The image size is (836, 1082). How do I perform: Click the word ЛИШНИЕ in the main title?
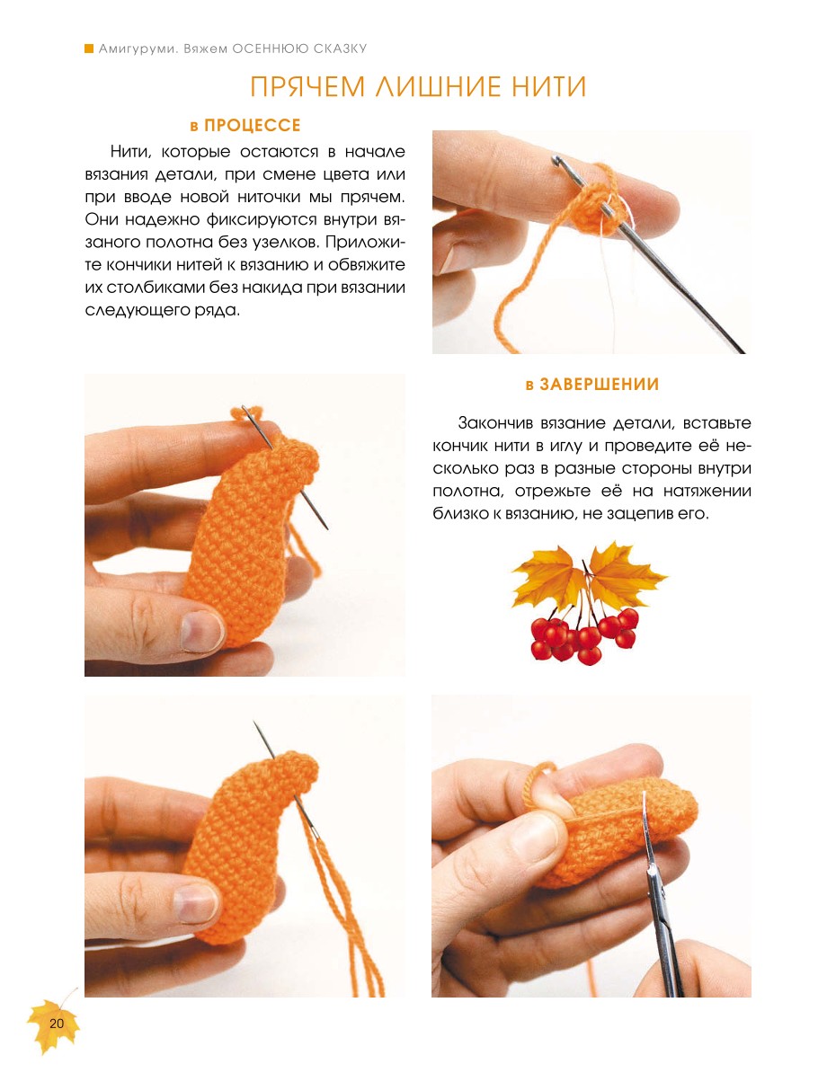[x=438, y=86]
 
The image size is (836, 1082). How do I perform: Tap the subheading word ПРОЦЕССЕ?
[x=253, y=126]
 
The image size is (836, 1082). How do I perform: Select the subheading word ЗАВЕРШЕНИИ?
[x=600, y=385]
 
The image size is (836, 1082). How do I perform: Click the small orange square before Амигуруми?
[x=89, y=49]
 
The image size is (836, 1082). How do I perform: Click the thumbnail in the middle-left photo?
[x=201, y=632]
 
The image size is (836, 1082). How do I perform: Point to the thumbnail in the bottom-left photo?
[x=196, y=903]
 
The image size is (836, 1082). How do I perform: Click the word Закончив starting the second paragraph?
[x=494, y=423]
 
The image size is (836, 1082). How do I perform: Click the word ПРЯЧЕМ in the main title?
[x=307, y=86]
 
